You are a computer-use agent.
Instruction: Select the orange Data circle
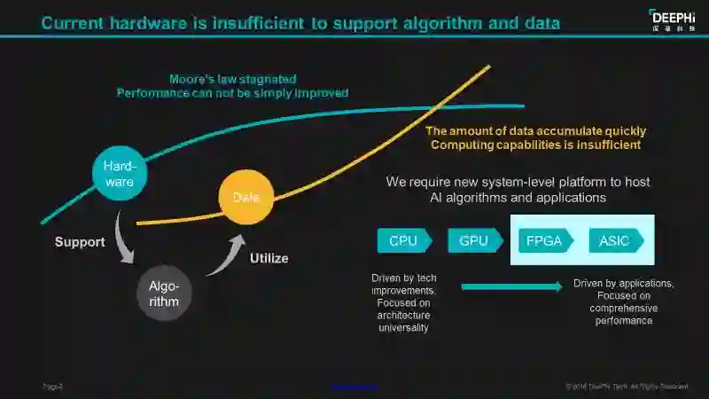(x=245, y=198)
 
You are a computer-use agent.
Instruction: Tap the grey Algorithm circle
(x=164, y=293)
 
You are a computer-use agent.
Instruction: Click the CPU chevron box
(x=404, y=240)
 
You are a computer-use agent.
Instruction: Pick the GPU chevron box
(x=475, y=240)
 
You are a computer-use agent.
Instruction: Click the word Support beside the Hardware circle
(x=80, y=242)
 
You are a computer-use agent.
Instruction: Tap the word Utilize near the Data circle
(x=269, y=259)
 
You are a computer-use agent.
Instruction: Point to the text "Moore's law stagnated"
(x=233, y=79)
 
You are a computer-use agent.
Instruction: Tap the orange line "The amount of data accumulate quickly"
(x=534, y=131)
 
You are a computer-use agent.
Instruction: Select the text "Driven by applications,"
(x=624, y=284)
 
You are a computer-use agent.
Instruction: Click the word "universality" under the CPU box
(x=404, y=328)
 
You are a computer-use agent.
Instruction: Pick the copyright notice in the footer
(x=627, y=387)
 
